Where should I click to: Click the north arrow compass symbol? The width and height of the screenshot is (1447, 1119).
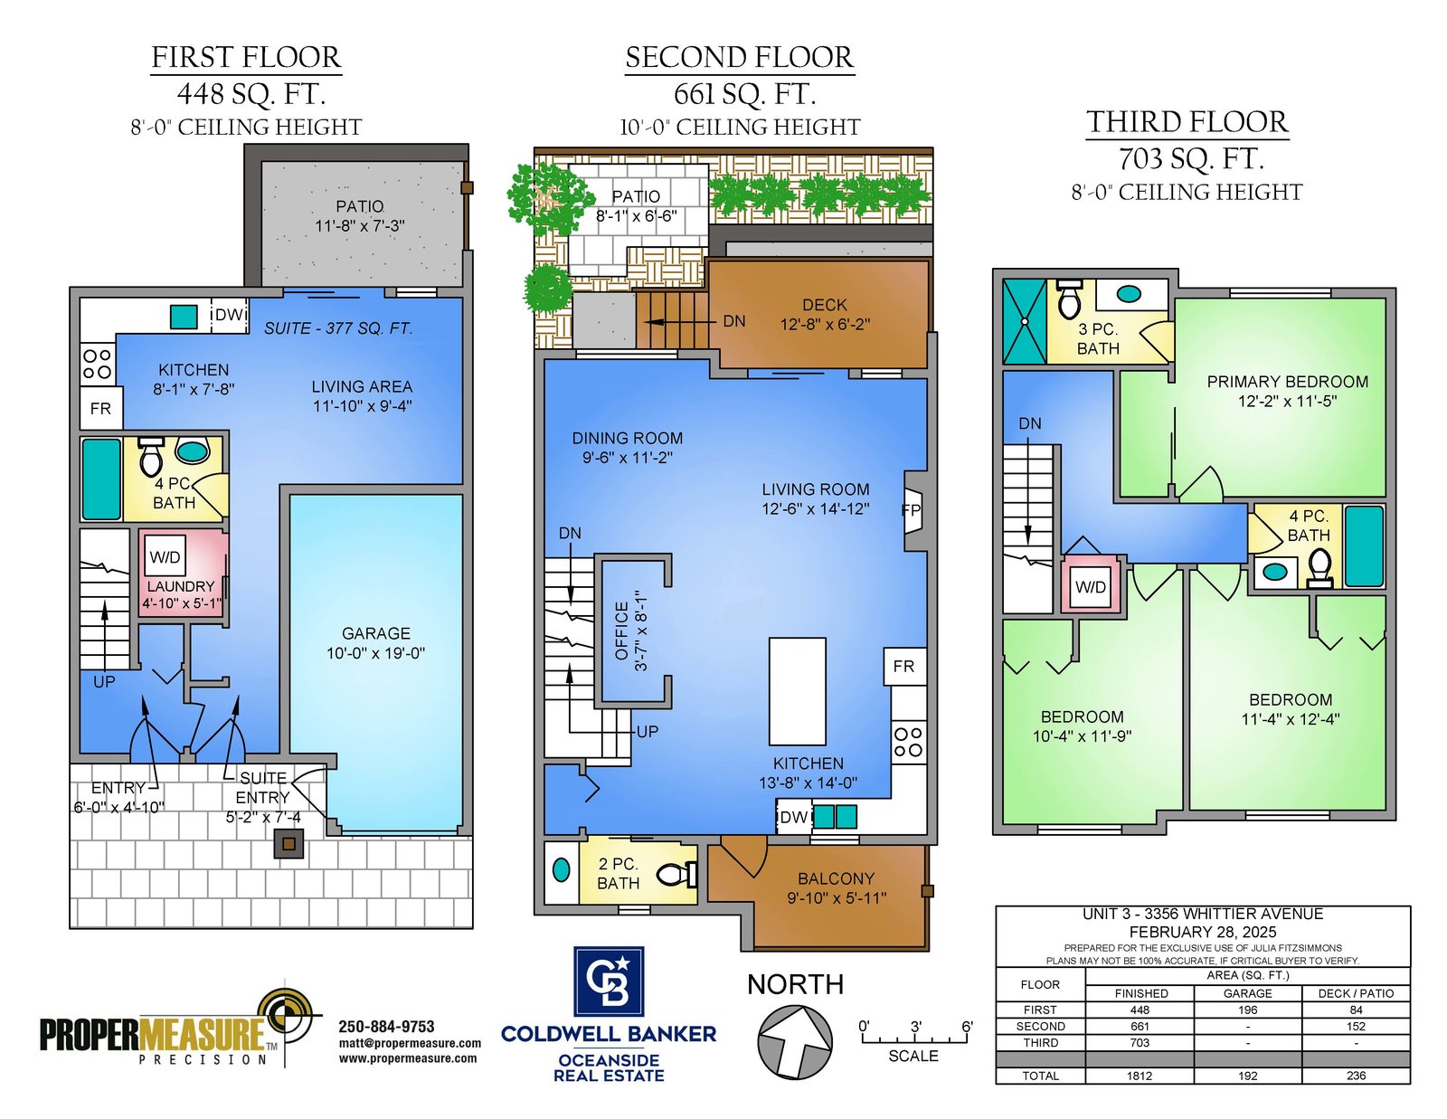point(794,1043)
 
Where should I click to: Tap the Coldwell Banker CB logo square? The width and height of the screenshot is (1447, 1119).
point(609,981)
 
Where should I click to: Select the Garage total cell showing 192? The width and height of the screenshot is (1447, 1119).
point(1247,1075)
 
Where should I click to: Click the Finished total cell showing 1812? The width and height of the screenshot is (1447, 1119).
point(1140,1075)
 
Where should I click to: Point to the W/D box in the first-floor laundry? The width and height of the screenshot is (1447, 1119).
point(165,557)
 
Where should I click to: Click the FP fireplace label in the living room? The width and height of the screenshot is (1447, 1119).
point(911,510)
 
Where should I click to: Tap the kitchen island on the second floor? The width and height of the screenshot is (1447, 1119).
point(797,691)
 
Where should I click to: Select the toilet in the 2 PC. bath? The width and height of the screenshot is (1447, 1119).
point(677,874)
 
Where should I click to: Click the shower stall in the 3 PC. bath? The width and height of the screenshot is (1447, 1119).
point(1025,322)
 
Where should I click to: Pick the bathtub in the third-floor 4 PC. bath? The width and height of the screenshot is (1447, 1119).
point(1364,546)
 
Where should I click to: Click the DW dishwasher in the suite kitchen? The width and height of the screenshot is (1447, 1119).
point(229,315)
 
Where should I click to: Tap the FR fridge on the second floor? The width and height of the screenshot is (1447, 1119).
point(904,666)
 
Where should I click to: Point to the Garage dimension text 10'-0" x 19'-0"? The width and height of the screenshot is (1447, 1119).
point(375,653)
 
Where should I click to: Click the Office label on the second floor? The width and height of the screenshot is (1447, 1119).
point(621,631)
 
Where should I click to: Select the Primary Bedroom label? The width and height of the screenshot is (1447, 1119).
point(1287,382)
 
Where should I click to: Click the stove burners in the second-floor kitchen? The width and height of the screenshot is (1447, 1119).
point(908,742)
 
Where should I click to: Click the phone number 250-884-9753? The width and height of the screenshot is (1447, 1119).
point(386,1027)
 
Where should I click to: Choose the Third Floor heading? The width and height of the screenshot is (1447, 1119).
point(1187,122)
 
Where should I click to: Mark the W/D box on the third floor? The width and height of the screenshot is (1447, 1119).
point(1090,587)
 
